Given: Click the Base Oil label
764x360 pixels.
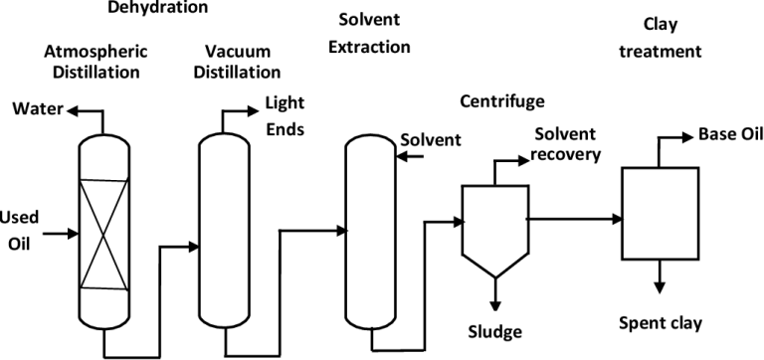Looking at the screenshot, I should (731, 134).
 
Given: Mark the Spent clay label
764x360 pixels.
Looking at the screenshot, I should (661, 322).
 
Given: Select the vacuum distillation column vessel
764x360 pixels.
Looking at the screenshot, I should (227, 229).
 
